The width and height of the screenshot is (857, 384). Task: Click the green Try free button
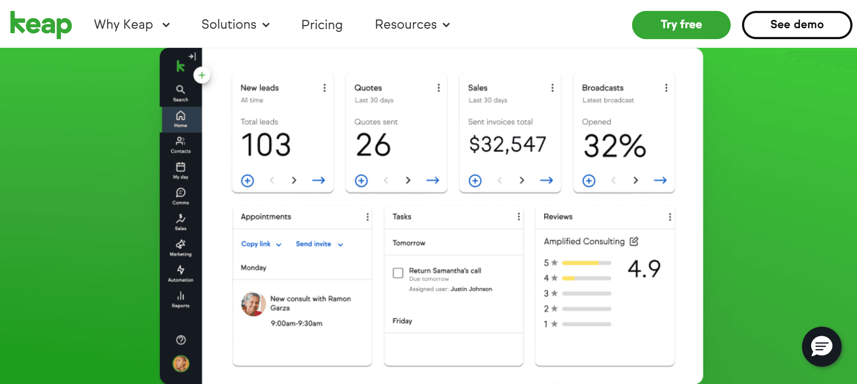(x=681, y=25)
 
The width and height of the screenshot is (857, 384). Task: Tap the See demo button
(x=797, y=25)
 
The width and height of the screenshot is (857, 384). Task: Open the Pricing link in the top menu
(x=322, y=25)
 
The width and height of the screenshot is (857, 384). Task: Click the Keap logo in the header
(x=41, y=25)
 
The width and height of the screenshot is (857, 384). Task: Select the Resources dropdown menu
(x=412, y=25)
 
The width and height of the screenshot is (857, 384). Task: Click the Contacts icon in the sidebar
(x=180, y=145)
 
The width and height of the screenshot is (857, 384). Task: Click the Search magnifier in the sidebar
(x=180, y=93)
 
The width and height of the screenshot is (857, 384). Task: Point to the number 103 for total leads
(x=266, y=145)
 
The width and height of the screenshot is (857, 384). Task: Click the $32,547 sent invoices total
(x=507, y=145)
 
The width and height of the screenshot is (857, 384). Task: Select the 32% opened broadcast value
(x=614, y=146)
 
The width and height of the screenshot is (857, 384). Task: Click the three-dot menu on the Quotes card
(x=438, y=88)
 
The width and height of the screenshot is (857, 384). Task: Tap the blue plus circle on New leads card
(x=248, y=181)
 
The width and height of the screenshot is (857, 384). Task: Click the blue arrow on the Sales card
(x=546, y=181)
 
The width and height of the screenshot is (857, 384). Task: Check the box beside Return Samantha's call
(x=398, y=273)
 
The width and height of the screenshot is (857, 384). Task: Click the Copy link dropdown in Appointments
(x=261, y=244)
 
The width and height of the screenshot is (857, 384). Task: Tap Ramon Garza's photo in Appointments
(x=253, y=304)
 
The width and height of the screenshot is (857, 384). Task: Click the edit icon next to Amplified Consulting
(x=634, y=241)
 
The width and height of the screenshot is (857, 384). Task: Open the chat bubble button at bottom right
(x=822, y=347)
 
